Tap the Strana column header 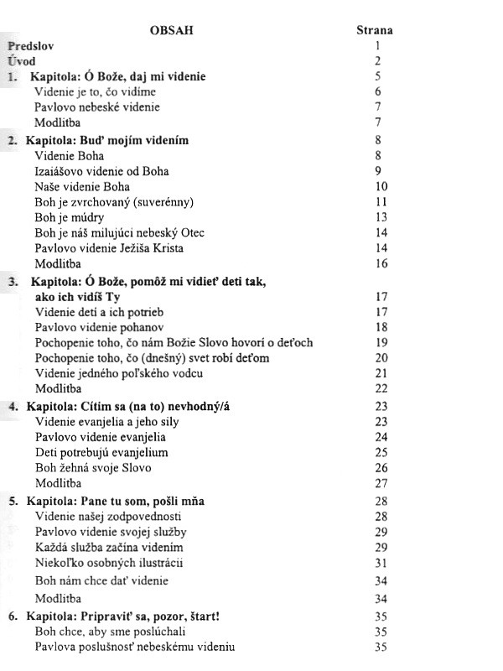coord(375,31)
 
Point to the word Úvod coord(23,62)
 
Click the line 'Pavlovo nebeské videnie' coord(97,107)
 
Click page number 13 coord(381,217)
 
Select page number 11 coord(381,202)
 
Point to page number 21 coord(381,373)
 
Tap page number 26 coord(381,468)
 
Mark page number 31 coord(381,563)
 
